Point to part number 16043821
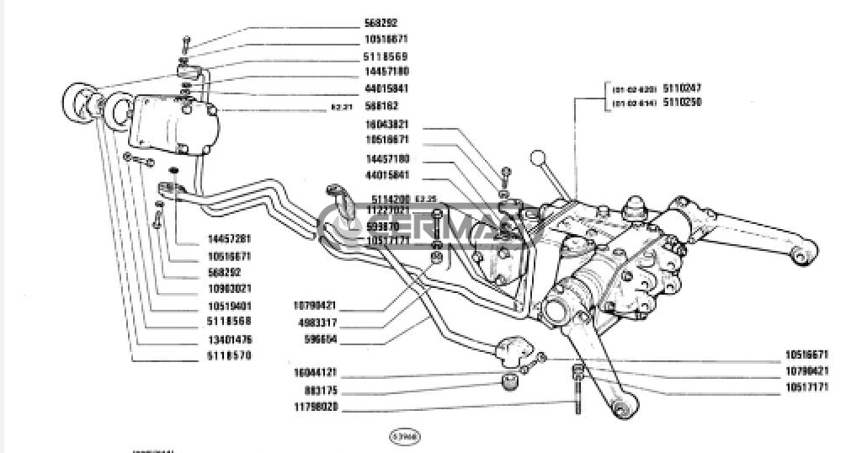(x=387, y=124)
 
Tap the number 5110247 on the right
(x=683, y=88)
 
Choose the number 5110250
(x=683, y=102)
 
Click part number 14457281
(x=229, y=239)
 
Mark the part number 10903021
(x=229, y=288)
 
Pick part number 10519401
(x=229, y=305)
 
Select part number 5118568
(x=229, y=321)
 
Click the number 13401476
(x=229, y=339)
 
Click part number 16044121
(x=317, y=372)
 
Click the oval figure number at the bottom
(x=405, y=437)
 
